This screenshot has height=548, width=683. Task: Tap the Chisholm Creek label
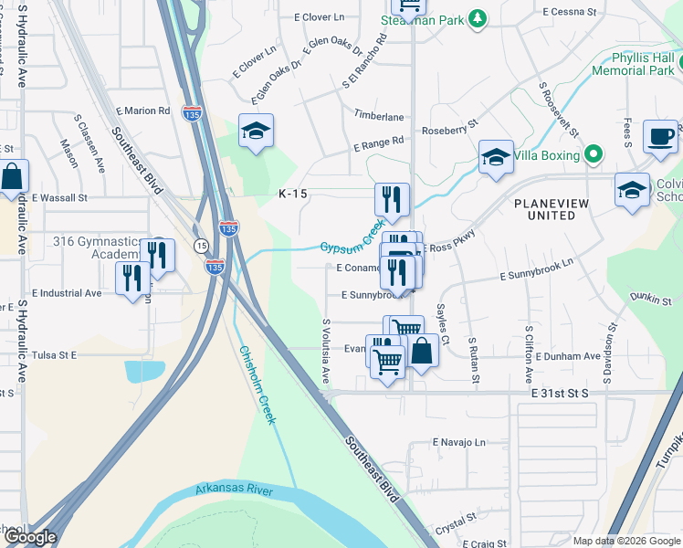point(257,384)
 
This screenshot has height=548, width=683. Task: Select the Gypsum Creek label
point(352,239)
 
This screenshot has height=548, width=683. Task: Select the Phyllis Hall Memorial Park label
point(634,63)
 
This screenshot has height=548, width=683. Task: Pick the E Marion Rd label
point(142,111)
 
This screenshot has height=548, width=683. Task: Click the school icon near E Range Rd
point(257,132)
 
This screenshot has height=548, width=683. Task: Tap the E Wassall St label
point(59,196)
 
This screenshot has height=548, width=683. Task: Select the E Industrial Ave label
point(67,293)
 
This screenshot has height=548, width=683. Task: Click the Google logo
point(29,537)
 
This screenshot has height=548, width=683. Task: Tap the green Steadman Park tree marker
point(476,19)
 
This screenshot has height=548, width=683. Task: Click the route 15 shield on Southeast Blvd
point(200,245)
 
